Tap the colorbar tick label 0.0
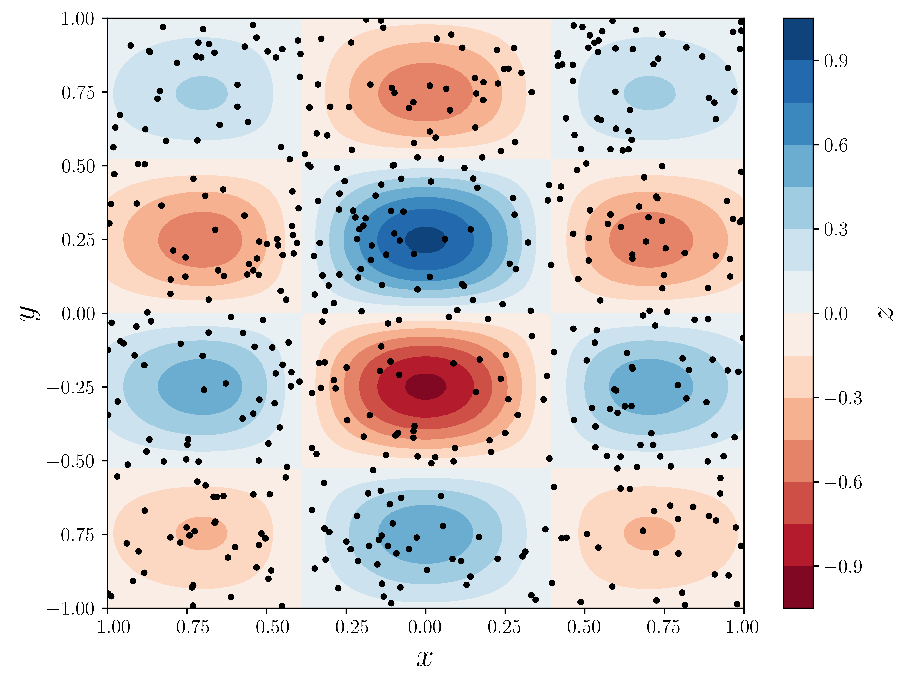pos(836,314)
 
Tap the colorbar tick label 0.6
pos(836,145)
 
